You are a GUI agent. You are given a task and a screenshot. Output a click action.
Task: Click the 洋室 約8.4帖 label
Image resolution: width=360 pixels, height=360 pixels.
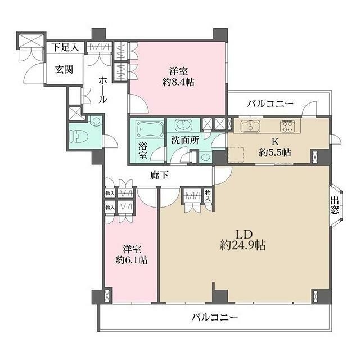point(178,76)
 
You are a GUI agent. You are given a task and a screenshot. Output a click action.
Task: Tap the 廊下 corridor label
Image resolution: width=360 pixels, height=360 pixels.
point(160,174)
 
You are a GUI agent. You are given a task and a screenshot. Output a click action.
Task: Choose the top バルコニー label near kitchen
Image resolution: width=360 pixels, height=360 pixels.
point(271,104)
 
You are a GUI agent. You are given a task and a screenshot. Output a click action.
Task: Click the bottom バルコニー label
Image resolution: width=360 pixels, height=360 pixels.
point(213,317)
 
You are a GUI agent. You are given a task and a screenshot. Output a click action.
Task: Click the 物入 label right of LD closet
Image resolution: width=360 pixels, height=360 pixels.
point(208,195)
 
